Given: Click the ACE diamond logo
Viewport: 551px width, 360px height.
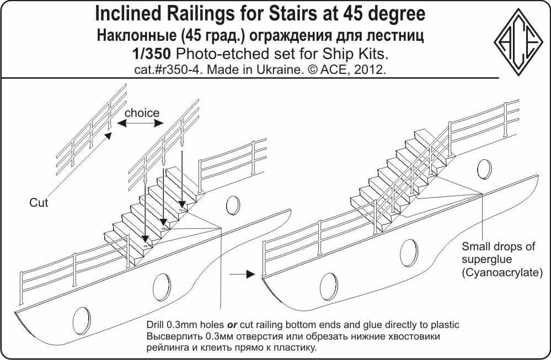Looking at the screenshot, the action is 518,42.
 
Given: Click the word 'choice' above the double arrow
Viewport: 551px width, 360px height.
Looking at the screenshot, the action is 142,113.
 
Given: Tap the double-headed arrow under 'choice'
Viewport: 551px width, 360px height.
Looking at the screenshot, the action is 140,123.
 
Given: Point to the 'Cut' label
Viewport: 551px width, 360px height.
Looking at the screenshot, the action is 39,203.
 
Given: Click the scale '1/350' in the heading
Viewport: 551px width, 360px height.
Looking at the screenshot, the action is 152,54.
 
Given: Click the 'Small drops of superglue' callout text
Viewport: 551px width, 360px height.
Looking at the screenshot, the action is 498,253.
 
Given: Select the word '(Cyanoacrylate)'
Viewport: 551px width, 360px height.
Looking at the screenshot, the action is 502,273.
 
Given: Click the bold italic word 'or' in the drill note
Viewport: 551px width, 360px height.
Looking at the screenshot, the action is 232,325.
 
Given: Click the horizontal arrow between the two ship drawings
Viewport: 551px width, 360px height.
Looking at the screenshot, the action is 242,274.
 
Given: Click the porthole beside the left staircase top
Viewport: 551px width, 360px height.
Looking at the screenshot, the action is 233,205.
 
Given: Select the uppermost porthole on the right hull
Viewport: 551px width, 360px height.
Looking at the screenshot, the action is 484,169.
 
